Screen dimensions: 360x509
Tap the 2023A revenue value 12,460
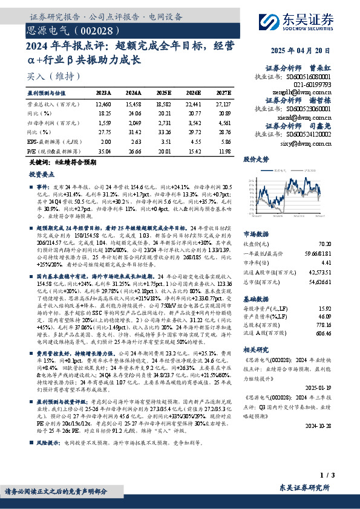click(103, 104)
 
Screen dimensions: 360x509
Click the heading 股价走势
click(256, 160)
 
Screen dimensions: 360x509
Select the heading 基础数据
click(256, 299)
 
